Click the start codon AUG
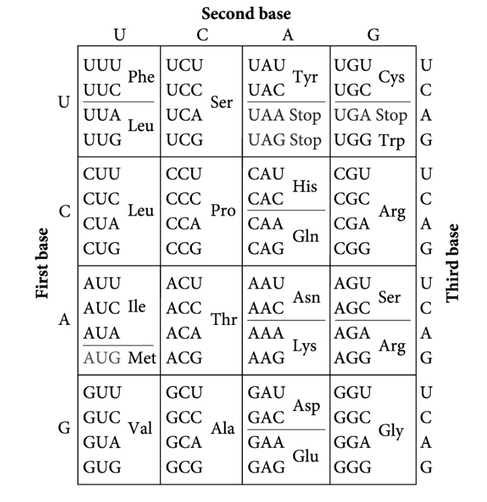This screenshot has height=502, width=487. [x=102, y=358]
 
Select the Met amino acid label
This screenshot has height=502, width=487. [x=141, y=358]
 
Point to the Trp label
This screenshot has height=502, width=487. [x=391, y=140]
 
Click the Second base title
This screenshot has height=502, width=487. [x=246, y=13]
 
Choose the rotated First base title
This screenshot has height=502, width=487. [x=43, y=263]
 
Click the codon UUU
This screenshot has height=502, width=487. [x=102, y=66]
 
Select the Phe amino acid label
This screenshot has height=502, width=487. [x=141, y=77]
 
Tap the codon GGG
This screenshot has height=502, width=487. [x=353, y=467]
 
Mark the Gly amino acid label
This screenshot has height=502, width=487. [x=391, y=431]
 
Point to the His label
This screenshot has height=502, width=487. [x=305, y=186]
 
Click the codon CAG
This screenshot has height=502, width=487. [x=266, y=249]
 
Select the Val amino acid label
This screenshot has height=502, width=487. [x=140, y=429]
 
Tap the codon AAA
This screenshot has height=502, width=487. [x=266, y=333]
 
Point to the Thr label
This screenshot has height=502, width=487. [x=223, y=320]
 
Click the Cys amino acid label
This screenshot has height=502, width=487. [x=392, y=77]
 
